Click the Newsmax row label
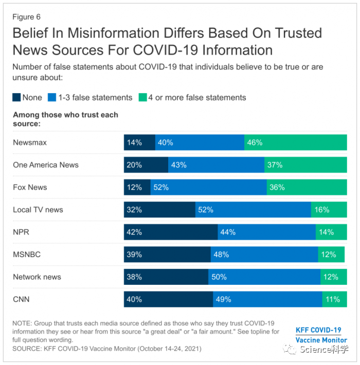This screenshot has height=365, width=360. (x=30, y=142)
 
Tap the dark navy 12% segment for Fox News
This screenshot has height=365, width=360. (x=137, y=187)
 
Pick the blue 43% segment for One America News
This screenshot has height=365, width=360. (x=216, y=165)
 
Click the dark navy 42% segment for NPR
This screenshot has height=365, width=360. (x=170, y=232)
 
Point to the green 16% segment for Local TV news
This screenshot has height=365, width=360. (x=329, y=210)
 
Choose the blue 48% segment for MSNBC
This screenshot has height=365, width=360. (x=264, y=254)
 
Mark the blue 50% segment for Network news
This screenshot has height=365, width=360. (x=264, y=277)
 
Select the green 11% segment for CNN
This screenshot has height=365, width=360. (x=334, y=299)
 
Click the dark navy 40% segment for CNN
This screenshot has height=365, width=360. (x=168, y=299)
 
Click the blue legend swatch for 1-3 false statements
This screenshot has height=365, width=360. (x=51, y=98)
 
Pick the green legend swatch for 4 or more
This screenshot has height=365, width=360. (x=142, y=98)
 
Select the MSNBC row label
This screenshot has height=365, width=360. (x=27, y=254)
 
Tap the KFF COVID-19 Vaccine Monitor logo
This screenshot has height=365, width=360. (x=321, y=335)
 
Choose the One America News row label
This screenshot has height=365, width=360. (x=46, y=165)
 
